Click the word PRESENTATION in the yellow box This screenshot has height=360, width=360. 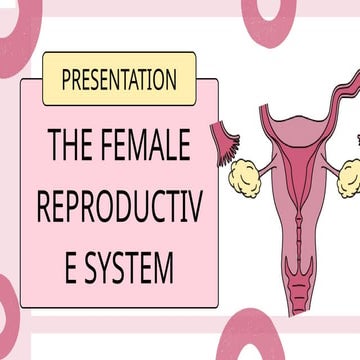[119, 79]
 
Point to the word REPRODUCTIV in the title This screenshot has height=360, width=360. [112, 209]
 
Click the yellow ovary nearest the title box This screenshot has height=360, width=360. [244, 177]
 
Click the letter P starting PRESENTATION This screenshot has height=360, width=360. [67, 79]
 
